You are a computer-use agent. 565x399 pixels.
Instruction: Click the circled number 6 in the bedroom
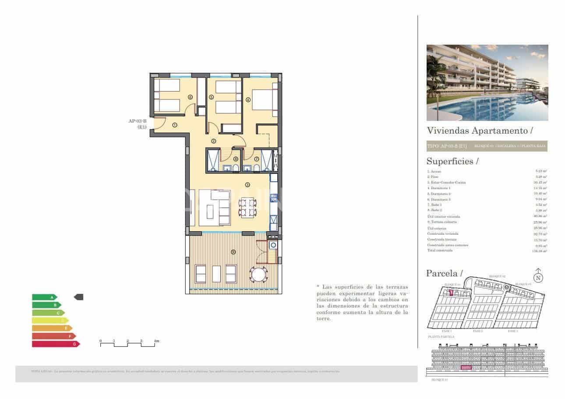(190, 97)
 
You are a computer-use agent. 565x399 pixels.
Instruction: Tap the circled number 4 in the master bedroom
(248, 100)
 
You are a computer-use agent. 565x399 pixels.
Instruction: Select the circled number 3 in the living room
(247, 185)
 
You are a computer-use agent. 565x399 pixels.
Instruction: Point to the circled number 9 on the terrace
(233, 252)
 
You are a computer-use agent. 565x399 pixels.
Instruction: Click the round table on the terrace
(258, 275)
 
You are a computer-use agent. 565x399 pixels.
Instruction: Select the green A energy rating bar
(44, 297)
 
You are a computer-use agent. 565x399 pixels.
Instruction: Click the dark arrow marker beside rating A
(78, 297)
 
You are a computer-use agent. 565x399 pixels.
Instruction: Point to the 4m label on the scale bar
(156, 341)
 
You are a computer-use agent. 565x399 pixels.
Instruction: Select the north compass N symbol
(538, 277)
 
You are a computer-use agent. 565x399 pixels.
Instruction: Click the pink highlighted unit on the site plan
(451, 292)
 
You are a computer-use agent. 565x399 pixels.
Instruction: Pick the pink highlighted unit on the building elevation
(466, 367)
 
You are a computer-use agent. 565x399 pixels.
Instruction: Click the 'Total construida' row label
(438, 251)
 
